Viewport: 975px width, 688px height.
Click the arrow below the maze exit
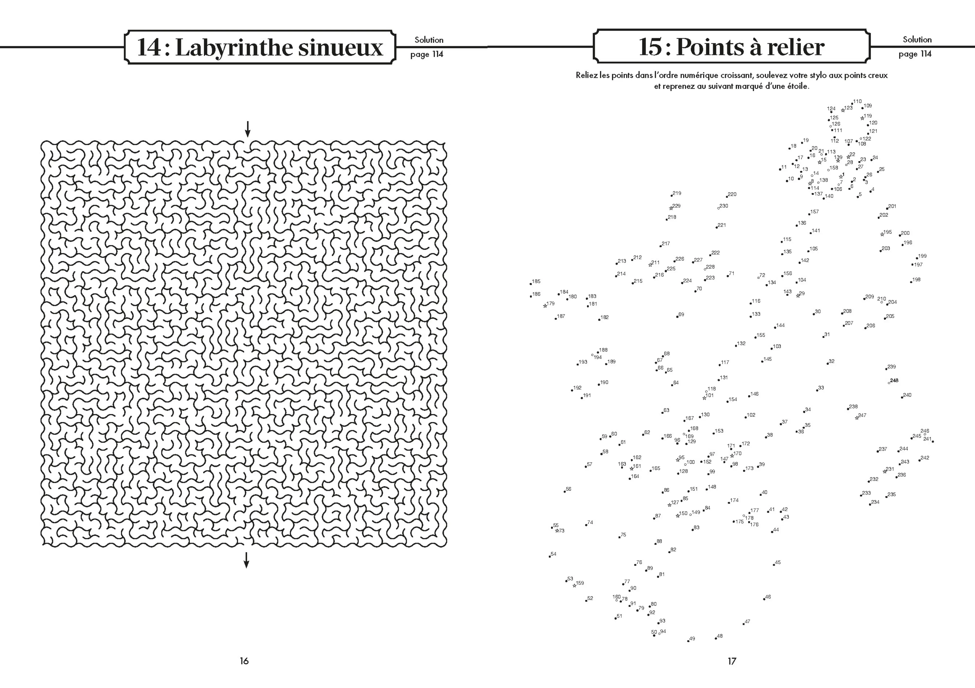point(246,560)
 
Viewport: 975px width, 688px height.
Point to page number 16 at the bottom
point(244,661)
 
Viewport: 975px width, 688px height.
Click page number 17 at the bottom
point(732,661)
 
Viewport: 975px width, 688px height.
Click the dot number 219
point(671,196)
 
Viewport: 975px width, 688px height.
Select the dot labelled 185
point(531,284)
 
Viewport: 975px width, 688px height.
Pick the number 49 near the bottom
point(692,638)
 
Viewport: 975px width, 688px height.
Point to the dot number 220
point(727,197)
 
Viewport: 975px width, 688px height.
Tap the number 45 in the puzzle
point(778,562)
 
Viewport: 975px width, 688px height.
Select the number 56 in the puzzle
point(569,489)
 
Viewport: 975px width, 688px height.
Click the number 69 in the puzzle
point(681,315)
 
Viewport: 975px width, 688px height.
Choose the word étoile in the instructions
point(796,86)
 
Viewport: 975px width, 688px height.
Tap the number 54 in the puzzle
point(553,554)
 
